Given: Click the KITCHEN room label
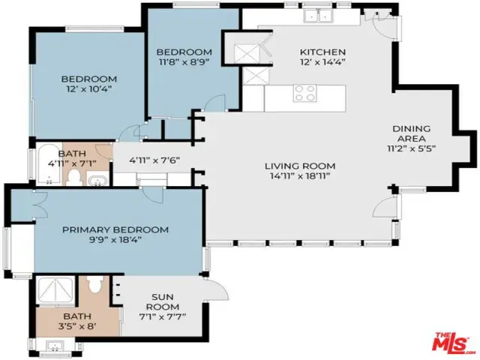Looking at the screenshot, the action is (x=322, y=52).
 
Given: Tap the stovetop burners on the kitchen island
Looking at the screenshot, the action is (x=304, y=93).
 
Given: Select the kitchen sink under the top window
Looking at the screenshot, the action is (x=319, y=16).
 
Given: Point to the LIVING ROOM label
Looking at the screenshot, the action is (x=300, y=166).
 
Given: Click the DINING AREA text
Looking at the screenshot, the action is (x=412, y=133).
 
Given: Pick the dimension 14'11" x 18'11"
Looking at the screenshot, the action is (x=300, y=176).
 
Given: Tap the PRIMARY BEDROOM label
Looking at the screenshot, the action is (x=115, y=229).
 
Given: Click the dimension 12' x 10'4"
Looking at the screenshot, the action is (x=88, y=89).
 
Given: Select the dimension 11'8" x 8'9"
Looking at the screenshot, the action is (x=184, y=62).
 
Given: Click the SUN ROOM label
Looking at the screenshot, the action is (x=163, y=301).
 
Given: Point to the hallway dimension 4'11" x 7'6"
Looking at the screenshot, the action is (x=154, y=160).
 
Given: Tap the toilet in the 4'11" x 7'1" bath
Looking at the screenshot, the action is (x=73, y=177).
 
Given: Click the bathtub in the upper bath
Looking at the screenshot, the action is (x=49, y=164).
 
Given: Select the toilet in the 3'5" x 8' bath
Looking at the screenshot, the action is (x=94, y=283).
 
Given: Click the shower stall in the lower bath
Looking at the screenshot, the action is (x=55, y=291).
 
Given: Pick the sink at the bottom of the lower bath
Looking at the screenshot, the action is (x=55, y=346).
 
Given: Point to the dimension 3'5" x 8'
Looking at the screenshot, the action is (x=77, y=326).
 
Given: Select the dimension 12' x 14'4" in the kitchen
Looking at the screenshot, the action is (x=322, y=62).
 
